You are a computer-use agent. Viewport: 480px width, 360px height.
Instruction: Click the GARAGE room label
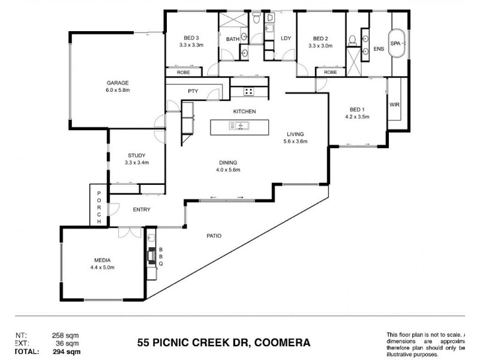pos(118,83)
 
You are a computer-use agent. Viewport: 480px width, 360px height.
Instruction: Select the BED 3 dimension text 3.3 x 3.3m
pos(191,45)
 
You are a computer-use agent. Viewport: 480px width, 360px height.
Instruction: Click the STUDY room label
pos(136,155)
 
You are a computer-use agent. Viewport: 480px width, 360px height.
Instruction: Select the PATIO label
pos(214,236)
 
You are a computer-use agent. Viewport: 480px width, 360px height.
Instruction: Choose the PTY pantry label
pos(193,91)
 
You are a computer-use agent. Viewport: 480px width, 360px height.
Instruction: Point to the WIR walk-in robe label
pos(394,105)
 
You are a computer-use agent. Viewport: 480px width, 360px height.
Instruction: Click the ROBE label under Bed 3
pos(184,73)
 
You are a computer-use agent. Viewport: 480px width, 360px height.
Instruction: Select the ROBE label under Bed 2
pos(330,73)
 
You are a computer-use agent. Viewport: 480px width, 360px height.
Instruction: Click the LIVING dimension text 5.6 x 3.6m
pos(295,142)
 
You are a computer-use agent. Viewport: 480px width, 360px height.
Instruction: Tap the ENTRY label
pos(142,209)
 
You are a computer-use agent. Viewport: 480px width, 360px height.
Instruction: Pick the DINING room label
pos(228,162)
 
